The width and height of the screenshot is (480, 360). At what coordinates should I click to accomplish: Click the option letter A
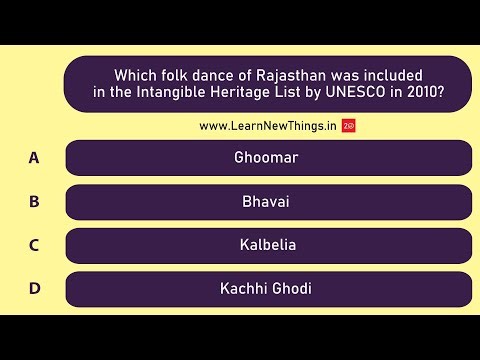(x=34, y=157)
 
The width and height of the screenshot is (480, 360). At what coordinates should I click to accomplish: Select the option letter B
(x=34, y=201)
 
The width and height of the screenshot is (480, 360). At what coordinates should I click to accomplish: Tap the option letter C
(x=34, y=245)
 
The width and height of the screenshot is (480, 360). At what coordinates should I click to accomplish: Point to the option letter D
(x=34, y=289)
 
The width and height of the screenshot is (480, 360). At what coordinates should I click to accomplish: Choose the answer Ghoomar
(x=266, y=158)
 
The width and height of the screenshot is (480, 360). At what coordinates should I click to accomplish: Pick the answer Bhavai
(x=266, y=201)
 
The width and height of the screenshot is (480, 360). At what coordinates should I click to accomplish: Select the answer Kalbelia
(x=267, y=245)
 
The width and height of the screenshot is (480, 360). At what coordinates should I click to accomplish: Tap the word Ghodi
(x=291, y=289)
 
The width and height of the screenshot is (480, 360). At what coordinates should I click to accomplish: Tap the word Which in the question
(x=137, y=75)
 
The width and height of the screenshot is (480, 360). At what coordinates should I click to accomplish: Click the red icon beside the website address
(x=348, y=126)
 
